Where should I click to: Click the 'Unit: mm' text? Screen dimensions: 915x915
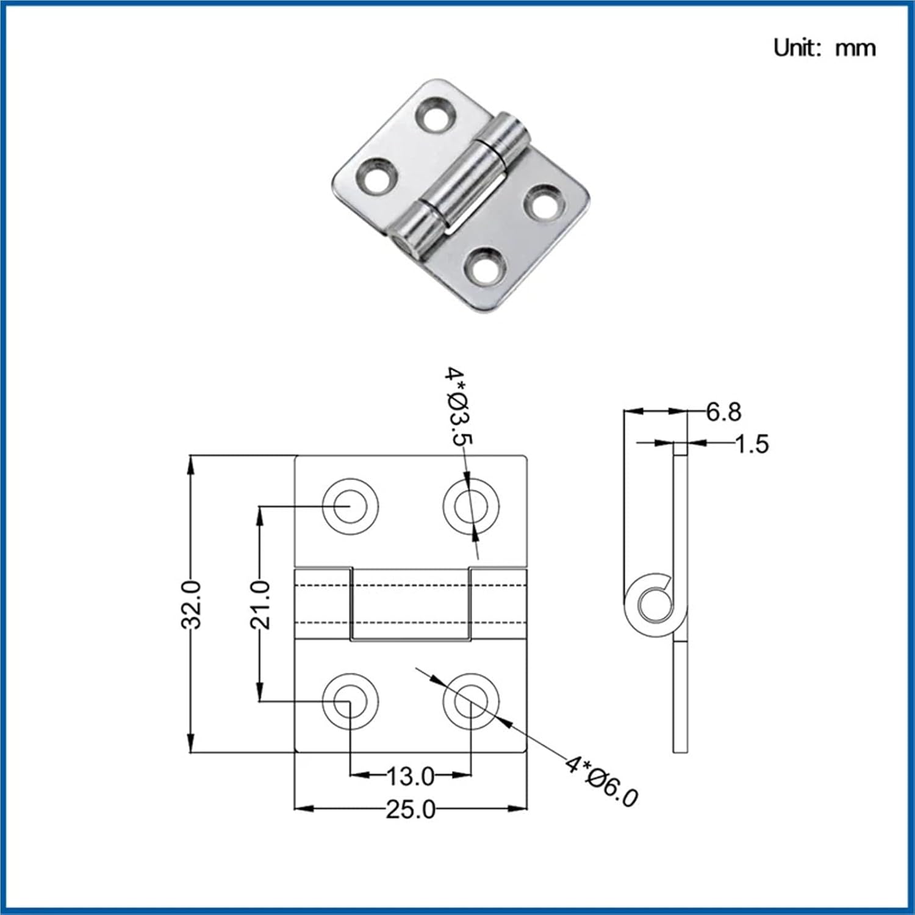(x=824, y=48)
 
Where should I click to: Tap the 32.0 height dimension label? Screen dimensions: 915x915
(x=192, y=604)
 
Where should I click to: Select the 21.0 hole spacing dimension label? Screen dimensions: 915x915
(x=260, y=604)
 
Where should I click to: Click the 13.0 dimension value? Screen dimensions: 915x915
(x=411, y=777)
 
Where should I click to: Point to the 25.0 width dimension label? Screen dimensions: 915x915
(x=411, y=809)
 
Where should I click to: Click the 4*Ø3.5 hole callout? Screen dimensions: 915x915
(x=458, y=406)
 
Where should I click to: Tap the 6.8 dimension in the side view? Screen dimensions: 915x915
(x=723, y=412)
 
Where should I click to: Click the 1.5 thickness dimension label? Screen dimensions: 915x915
(x=752, y=444)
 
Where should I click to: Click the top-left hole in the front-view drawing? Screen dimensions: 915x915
(x=350, y=506)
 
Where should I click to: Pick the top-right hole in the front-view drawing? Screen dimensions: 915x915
(x=471, y=506)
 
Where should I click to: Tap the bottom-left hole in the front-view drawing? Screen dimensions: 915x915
(x=350, y=701)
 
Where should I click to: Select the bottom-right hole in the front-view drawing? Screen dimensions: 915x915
(x=471, y=701)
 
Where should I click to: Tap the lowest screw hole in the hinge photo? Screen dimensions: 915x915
(x=485, y=267)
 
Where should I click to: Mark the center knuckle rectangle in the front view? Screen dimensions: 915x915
(x=411, y=604)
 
